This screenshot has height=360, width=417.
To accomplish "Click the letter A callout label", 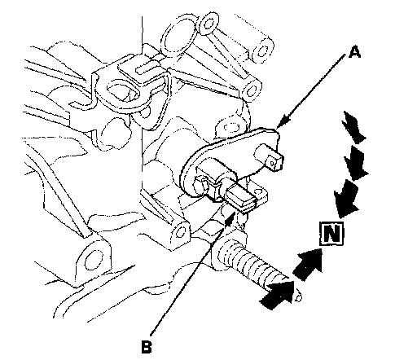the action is tap(354, 52).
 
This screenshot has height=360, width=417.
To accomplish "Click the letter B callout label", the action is tap(147, 346).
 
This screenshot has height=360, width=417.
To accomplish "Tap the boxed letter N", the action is tap(331, 233).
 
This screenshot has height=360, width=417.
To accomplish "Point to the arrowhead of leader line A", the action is tap(283, 121).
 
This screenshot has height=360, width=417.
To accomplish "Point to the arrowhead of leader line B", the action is tap(230, 218).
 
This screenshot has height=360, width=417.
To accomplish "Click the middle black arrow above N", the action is tap(356, 163).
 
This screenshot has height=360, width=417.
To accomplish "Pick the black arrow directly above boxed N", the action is tap(346, 199).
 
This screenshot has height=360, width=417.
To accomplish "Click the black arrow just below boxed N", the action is tap(309, 264).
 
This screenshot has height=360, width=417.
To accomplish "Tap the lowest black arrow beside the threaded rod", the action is tap(278, 295).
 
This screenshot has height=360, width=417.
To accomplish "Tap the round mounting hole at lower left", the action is tap(94, 260).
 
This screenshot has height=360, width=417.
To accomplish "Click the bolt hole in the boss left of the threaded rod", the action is tap(182, 231).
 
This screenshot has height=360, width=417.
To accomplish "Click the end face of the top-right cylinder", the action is tap(262, 50).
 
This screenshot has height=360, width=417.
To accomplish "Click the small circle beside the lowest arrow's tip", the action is tap(299, 298).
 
